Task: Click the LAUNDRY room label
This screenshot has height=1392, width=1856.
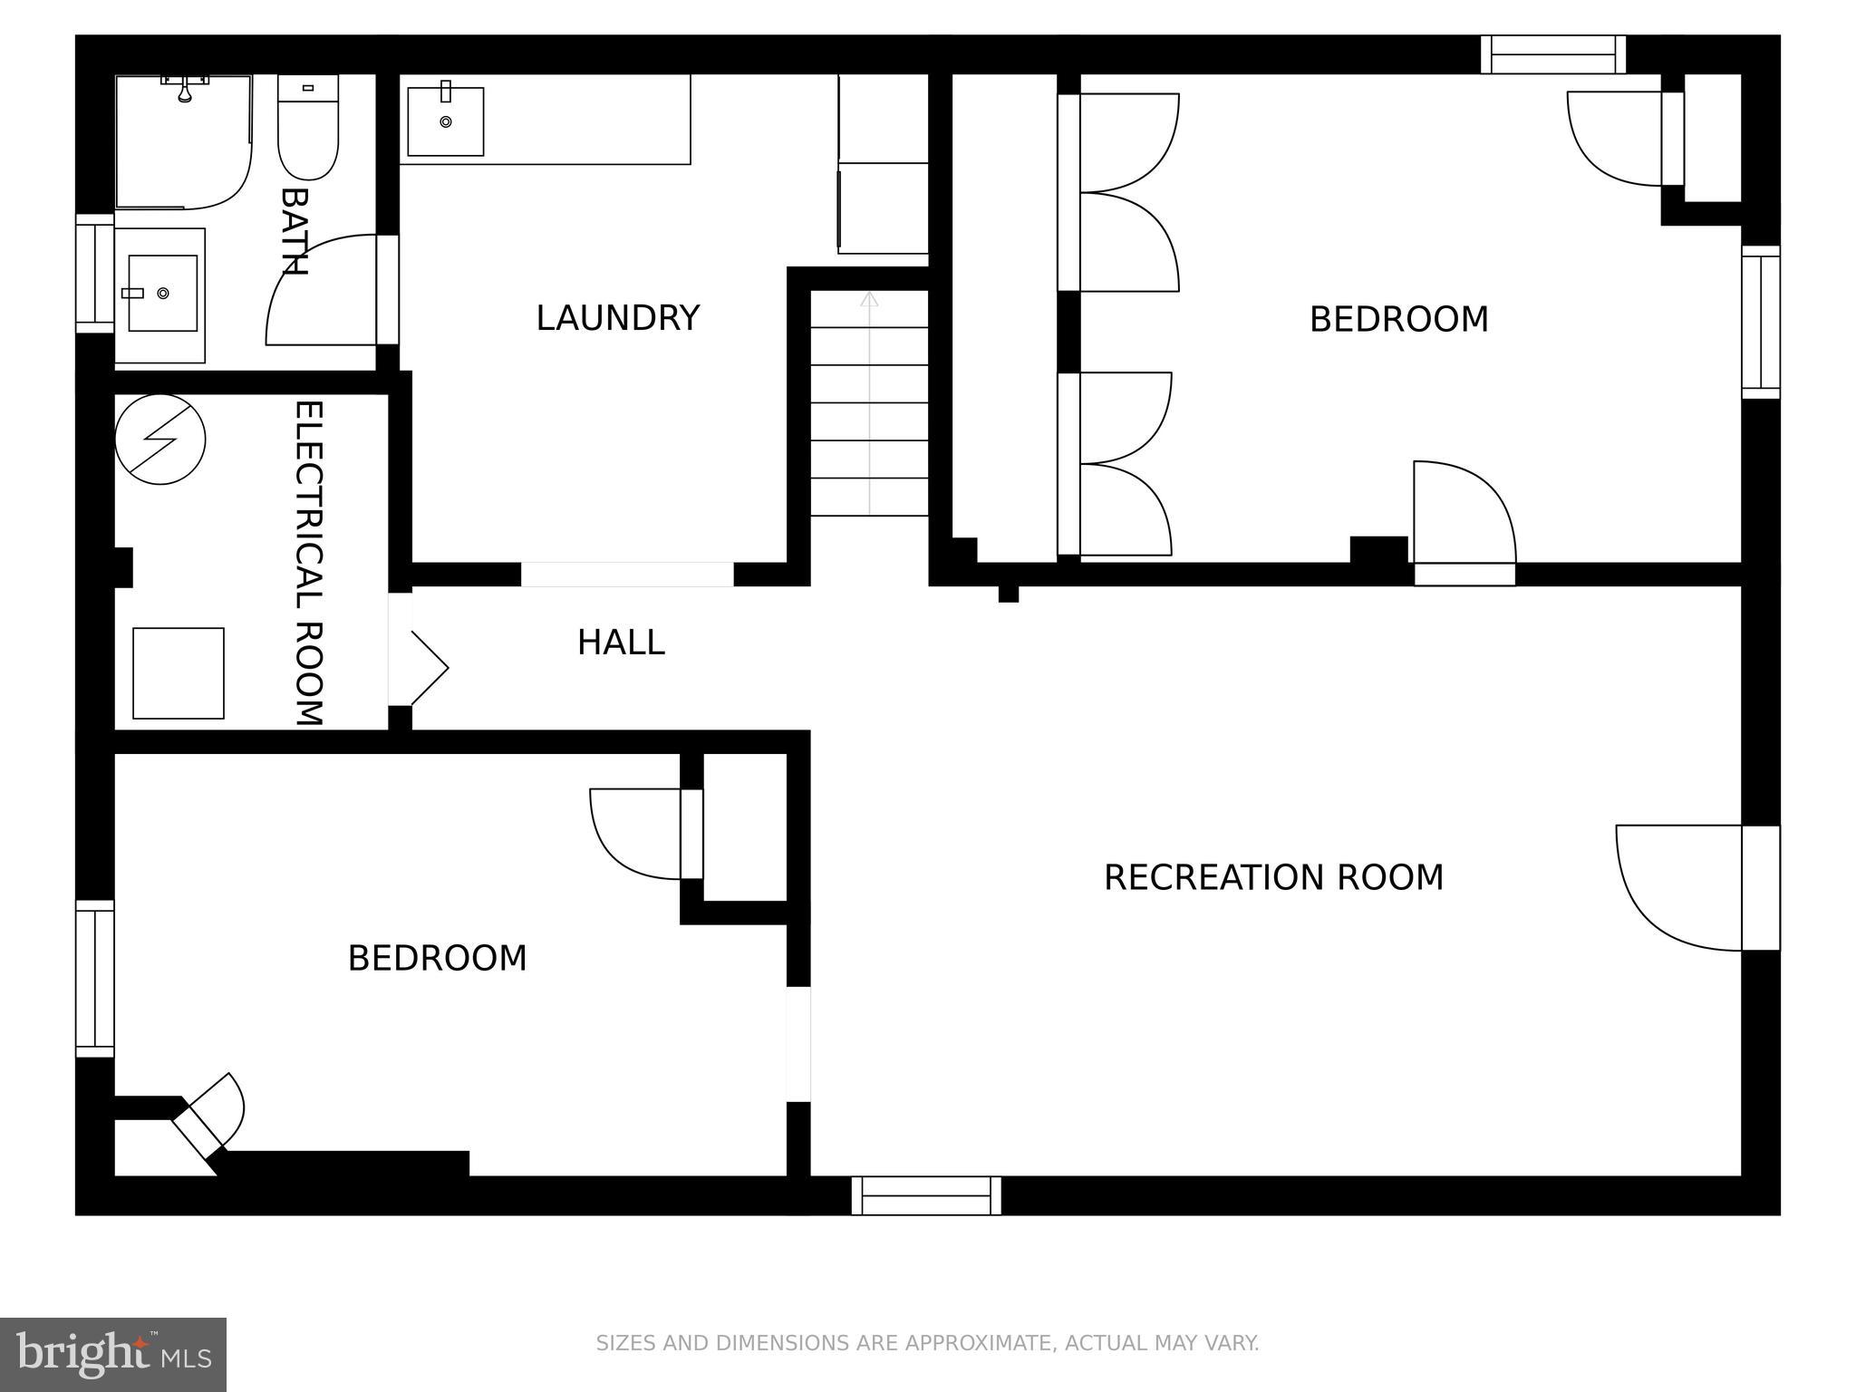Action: [x=617, y=318]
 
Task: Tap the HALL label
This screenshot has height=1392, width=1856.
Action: [x=621, y=643]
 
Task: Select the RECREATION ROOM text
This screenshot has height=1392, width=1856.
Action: [x=1272, y=877]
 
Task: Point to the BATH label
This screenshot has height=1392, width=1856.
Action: [x=294, y=231]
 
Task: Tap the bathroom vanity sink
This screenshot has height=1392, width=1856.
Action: [x=162, y=293]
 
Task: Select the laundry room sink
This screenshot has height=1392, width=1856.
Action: [x=445, y=121]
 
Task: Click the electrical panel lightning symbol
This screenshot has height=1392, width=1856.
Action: [x=160, y=439]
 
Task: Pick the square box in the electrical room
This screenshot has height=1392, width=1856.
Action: [x=179, y=673]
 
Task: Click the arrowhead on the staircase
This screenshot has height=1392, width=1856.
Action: [x=869, y=299]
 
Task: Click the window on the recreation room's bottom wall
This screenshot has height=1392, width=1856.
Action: [x=926, y=1195]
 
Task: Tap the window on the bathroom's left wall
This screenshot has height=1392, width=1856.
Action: [x=94, y=274]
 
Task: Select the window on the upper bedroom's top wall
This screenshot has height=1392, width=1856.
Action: [x=1553, y=54]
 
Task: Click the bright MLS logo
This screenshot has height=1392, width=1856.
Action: [x=112, y=1354]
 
